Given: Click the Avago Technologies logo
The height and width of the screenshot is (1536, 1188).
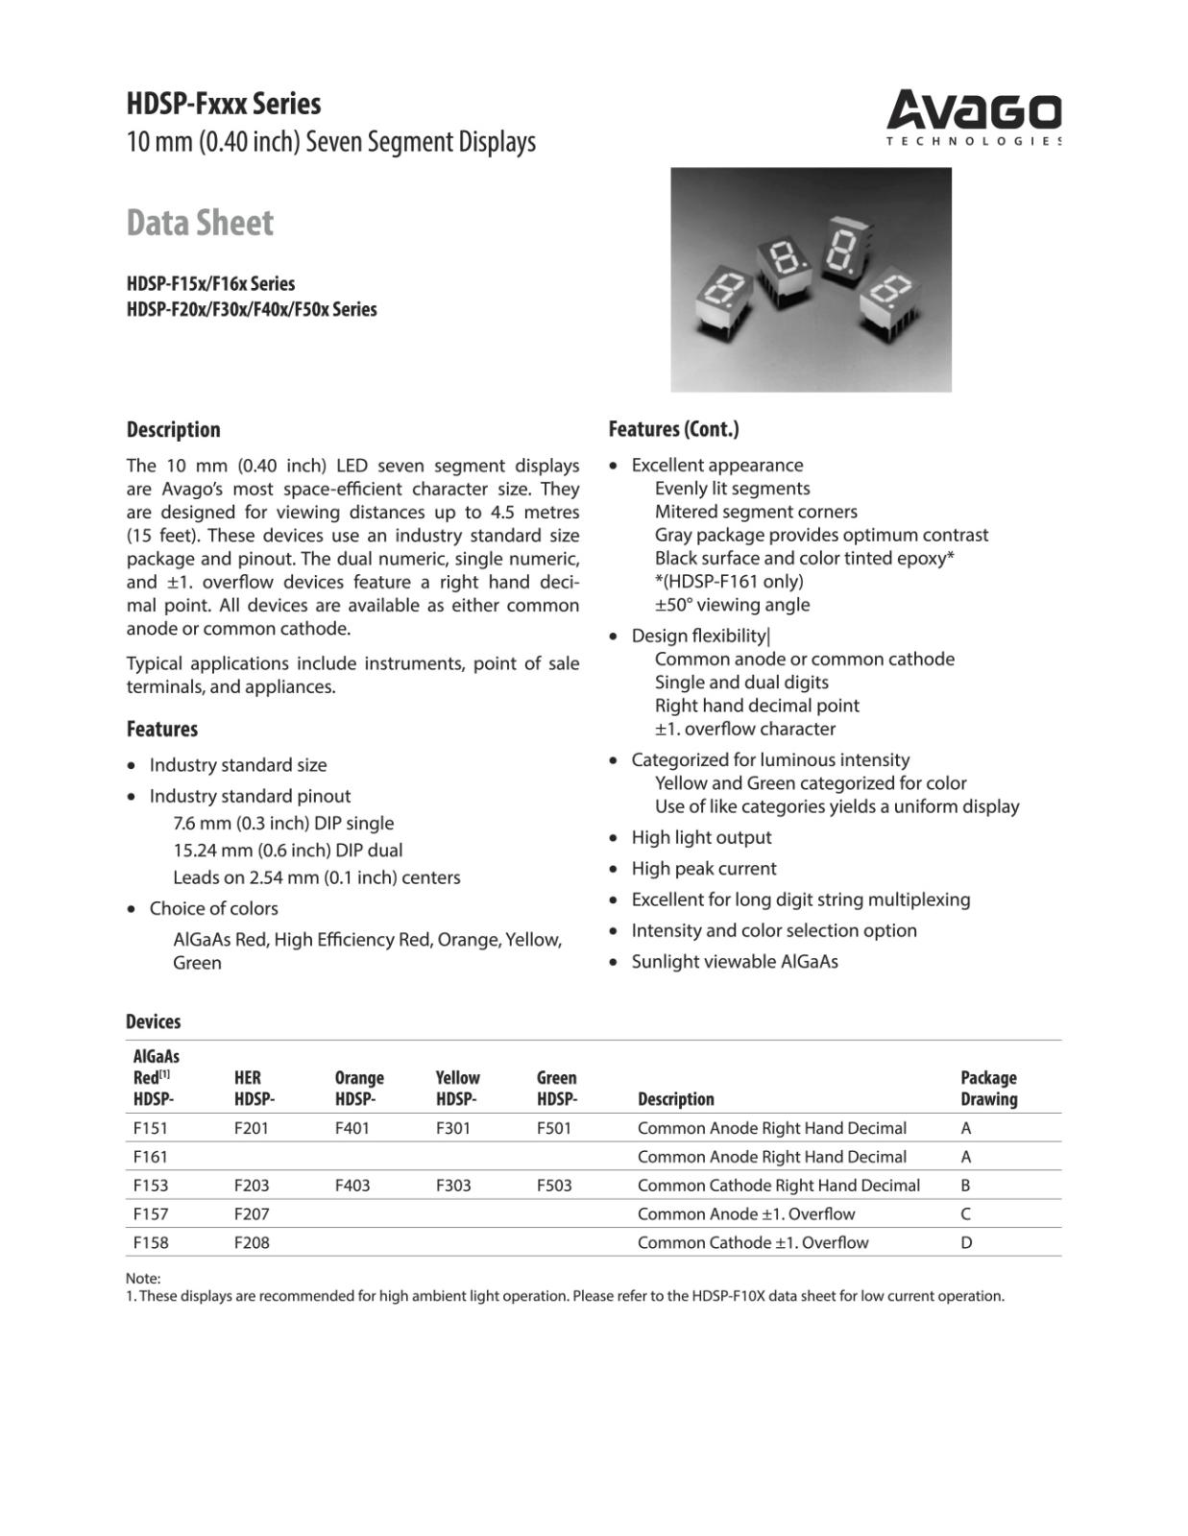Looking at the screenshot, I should tap(973, 117).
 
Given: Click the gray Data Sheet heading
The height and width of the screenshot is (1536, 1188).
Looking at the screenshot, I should tap(200, 223).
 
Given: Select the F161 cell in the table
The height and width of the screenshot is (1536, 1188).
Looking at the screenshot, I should tap(151, 1157).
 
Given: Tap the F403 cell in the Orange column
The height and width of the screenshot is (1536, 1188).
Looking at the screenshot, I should tap(352, 1186).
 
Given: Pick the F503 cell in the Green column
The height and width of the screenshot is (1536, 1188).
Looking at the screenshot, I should tap(554, 1186).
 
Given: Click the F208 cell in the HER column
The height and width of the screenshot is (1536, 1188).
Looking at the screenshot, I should tap(252, 1242).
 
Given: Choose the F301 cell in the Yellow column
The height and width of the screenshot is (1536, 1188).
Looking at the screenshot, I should tap(453, 1128).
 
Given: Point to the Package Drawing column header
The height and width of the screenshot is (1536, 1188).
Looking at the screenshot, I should tap(988, 1089).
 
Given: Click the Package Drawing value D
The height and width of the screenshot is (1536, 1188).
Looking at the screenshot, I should tap(966, 1242).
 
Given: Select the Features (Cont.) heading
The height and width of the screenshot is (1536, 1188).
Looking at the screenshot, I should tap(673, 429).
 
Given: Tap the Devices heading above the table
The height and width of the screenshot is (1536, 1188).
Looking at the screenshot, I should tap(153, 1021).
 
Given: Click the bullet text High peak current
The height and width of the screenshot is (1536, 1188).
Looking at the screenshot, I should tap(703, 869).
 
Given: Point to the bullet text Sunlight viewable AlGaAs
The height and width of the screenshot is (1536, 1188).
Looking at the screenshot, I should tap(734, 962).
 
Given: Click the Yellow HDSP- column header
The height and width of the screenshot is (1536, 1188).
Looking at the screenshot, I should tap(457, 1089).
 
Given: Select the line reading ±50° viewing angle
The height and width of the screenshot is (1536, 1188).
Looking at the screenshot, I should tap(732, 605).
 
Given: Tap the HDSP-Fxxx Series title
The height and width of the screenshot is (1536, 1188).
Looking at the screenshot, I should tap(224, 104).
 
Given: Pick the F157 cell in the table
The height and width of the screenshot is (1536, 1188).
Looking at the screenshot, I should tap(151, 1213).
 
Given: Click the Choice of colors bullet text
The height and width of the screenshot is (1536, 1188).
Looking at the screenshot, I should tap(213, 908).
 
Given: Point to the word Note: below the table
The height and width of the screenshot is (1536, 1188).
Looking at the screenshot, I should tap(143, 1279).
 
